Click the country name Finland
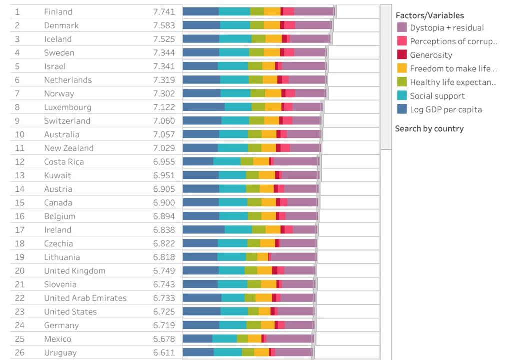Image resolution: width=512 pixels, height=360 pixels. pyautogui.click(x=58, y=12)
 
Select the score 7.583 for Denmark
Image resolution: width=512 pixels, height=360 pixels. pyautogui.click(x=164, y=25)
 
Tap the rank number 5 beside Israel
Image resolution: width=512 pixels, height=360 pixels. pyautogui.click(x=17, y=66)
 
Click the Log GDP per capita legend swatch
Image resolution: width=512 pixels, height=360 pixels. pyautogui.click(x=402, y=109)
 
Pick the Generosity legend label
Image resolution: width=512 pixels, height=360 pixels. pyautogui.click(x=431, y=55)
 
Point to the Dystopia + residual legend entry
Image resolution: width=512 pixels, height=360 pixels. pyautogui.click(x=447, y=28)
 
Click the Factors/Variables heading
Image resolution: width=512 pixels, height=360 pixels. pyautogui.click(x=429, y=15)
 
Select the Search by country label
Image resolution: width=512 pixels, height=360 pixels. pyautogui.click(x=429, y=128)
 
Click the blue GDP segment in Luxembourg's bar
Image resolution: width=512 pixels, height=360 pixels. pyautogui.click(x=203, y=107)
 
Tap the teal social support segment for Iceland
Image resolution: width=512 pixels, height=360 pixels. pyautogui.click(x=235, y=39)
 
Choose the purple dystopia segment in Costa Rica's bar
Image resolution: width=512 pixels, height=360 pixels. pyautogui.click(x=295, y=161)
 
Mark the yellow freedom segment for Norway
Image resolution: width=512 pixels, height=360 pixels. pyautogui.click(x=273, y=93)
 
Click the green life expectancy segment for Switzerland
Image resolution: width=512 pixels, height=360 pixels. pyautogui.click(x=256, y=120)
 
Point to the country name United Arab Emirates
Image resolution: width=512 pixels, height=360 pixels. pyautogui.click(x=85, y=298)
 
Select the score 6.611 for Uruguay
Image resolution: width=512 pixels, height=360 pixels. pyautogui.click(x=164, y=352)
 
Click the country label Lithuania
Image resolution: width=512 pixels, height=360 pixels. pyautogui.click(x=62, y=257)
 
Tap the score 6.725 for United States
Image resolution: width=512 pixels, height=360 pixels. pyautogui.click(x=164, y=311)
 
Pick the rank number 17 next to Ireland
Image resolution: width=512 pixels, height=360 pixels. pyautogui.click(x=20, y=230)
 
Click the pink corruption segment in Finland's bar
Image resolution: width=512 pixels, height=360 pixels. pyautogui.click(x=288, y=12)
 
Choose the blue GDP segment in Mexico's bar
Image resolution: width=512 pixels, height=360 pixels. pyautogui.click(x=197, y=339)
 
